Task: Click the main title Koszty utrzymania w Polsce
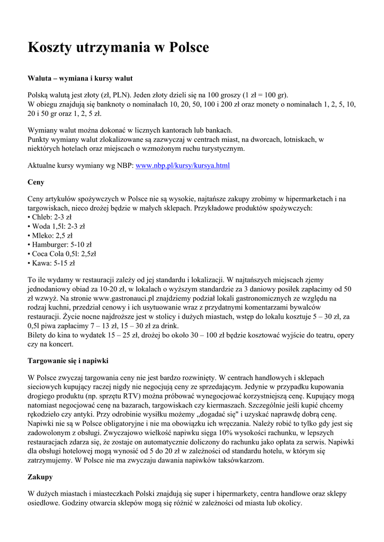click(118, 48)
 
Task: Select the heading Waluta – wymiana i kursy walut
click(76, 78)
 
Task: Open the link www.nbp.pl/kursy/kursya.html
click(183, 166)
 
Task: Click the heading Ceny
click(36, 182)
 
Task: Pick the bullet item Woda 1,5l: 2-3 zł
click(56, 226)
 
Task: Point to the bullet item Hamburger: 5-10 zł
click(60, 245)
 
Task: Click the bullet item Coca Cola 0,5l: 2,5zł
click(62, 254)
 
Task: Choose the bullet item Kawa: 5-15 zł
click(51, 263)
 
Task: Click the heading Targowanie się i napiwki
click(68, 360)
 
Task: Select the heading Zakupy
click(40, 476)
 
